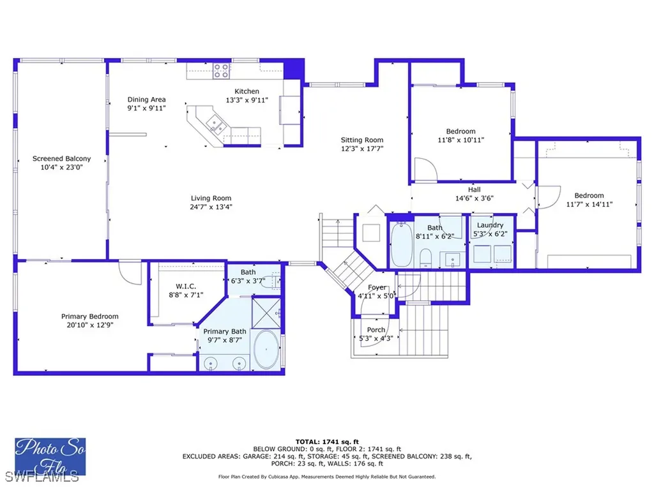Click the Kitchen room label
point(247,91)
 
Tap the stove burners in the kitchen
point(221,70)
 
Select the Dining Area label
point(146,100)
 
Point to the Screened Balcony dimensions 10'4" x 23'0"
point(61,167)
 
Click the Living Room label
point(211,198)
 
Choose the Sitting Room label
point(361,140)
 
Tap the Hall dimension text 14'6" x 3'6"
point(474,198)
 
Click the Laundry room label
point(490,225)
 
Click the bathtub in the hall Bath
point(401,244)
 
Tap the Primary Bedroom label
point(89,316)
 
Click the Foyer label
point(377,287)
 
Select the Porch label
point(376,330)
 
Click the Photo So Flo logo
point(50,456)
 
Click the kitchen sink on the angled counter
point(215,124)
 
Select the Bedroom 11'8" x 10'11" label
point(460,131)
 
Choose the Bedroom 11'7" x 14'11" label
point(588,195)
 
